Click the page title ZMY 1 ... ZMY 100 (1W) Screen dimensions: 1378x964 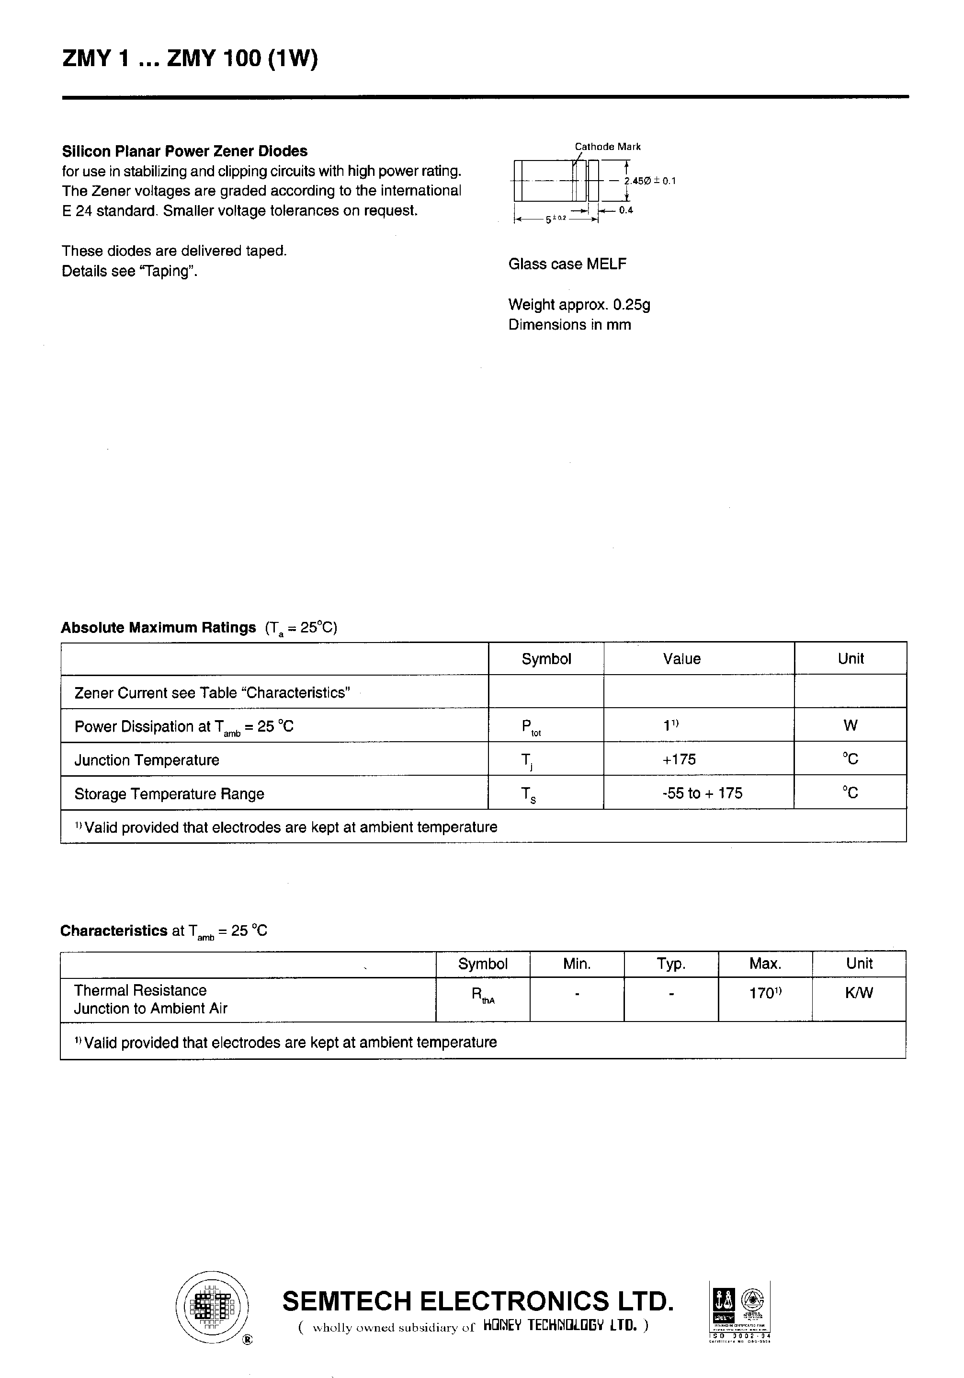[190, 59]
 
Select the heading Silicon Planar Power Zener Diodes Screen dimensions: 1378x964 [185, 151]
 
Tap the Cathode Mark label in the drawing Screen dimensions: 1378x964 [607, 147]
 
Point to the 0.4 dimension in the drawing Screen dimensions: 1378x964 [626, 210]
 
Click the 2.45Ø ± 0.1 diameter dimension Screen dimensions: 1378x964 [650, 181]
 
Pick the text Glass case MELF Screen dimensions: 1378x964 [567, 264]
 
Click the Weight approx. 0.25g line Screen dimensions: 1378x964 [579, 305]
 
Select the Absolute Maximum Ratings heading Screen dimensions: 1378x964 [159, 628]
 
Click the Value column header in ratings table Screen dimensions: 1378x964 [681, 659]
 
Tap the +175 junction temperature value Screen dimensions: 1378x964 [679, 759]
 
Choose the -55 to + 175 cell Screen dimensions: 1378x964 [702, 793]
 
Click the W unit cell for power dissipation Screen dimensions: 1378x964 [850, 725]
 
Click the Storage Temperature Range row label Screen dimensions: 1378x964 [169, 794]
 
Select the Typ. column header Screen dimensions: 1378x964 [670, 964]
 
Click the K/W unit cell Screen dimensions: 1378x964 [859, 993]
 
